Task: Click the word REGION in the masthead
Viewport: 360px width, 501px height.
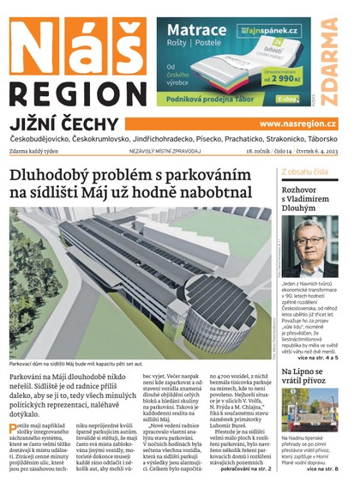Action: click(x=78, y=94)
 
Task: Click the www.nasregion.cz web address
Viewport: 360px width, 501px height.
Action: click(x=297, y=124)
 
